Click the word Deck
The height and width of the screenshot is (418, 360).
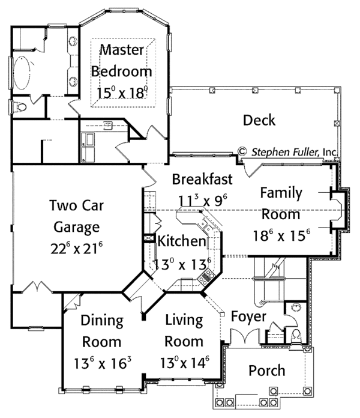259,120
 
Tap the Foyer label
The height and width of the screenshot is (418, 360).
248,316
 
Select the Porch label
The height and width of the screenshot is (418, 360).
267,371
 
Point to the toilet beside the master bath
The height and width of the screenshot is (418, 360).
20,107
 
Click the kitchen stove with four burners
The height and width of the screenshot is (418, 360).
207,277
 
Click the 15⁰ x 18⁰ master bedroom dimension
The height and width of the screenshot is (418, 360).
122,92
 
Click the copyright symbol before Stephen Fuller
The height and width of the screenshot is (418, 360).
243,151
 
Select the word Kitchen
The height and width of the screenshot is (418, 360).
181,241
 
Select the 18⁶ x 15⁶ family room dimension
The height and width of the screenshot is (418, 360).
284,234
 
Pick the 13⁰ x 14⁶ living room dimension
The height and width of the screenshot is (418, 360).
184,364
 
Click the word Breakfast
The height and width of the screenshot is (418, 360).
202,178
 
